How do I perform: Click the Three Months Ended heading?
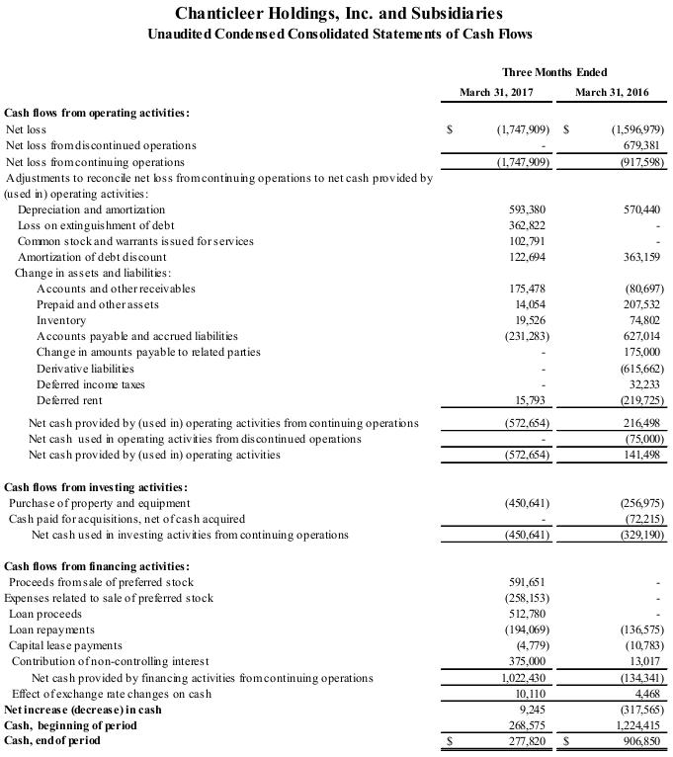[554, 72]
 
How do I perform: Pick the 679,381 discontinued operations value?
[639, 145]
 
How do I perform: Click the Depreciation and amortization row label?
[91, 210]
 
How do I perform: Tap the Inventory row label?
[61, 320]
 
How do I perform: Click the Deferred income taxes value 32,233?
[642, 384]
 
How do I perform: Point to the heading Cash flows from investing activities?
[96, 487]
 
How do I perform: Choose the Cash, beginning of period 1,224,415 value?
[636, 724]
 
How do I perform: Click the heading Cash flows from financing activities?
[97, 566]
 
